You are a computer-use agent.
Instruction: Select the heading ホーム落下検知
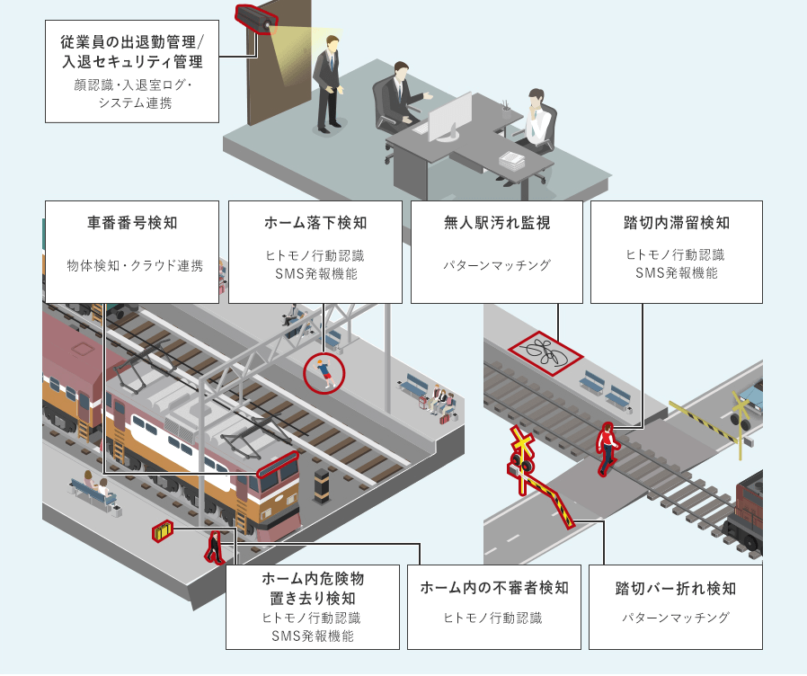315,222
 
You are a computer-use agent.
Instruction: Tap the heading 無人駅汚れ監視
497,222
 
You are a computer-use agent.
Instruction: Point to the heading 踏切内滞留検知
676,222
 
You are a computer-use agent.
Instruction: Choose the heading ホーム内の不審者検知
494,588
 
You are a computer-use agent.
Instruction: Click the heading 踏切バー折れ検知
676,588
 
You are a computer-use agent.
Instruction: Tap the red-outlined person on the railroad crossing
608,447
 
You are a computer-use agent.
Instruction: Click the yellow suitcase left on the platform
162,531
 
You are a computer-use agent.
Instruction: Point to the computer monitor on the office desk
448,117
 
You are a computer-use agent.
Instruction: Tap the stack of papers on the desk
511,161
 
